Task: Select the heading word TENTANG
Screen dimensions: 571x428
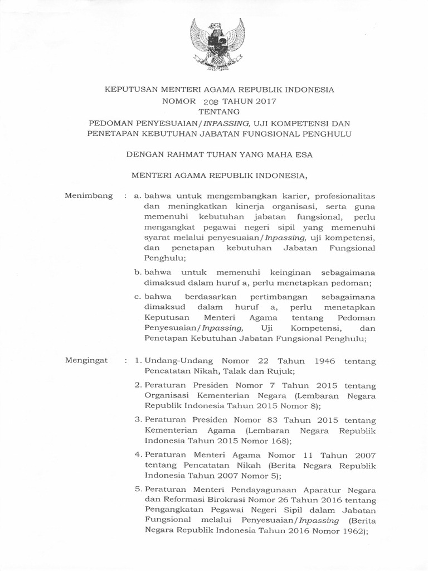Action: click(214, 112)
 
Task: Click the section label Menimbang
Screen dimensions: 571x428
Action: click(89, 196)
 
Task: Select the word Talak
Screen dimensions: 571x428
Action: click(226, 371)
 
